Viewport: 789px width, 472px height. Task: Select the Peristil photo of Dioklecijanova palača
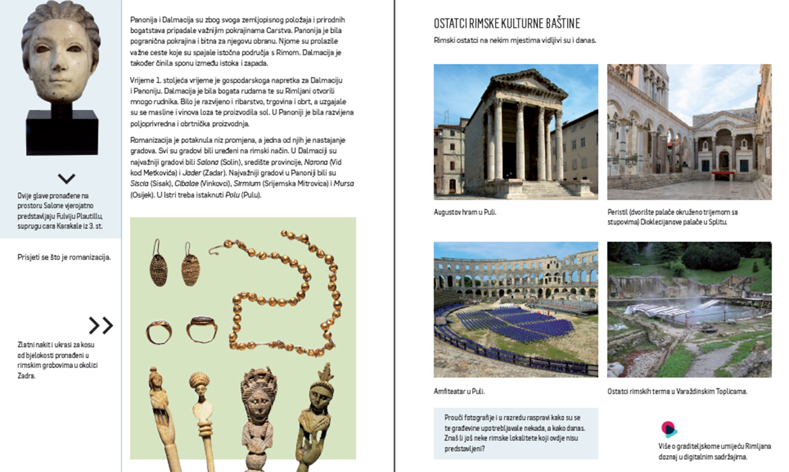(689, 131)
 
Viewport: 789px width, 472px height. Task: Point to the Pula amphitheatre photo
(516, 309)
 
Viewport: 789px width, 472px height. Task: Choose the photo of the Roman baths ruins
(689, 309)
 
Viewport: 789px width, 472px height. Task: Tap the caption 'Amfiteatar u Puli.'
(459, 391)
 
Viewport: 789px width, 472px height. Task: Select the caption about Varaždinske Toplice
(677, 391)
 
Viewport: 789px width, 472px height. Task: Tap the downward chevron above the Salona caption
(66, 179)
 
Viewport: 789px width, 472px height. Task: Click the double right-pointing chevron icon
(101, 326)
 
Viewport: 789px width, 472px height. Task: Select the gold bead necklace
(283, 297)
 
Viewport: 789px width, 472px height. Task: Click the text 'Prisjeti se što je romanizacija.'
(64, 257)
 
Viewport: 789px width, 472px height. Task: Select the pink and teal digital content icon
(668, 429)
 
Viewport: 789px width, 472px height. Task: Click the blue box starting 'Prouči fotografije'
(516, 433)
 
